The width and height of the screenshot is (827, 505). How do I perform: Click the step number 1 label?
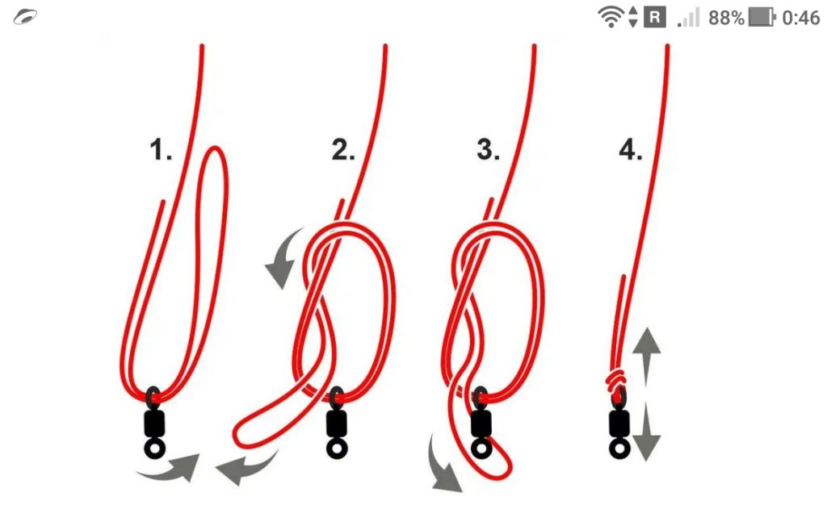tap(161, 149)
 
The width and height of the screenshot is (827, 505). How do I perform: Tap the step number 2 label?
tap(343, 149)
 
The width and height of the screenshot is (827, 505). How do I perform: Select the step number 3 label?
tap(488, 149)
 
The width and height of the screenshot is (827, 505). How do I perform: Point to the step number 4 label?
tap(630, 149)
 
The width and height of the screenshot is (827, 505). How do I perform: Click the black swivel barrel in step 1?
tap(154, 424)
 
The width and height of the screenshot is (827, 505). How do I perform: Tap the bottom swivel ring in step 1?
tap(154, 449)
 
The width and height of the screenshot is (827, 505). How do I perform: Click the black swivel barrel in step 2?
tap(336, 423)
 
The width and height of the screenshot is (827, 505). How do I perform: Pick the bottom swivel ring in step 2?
tap(337, 449)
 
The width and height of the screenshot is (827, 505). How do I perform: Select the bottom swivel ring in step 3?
tap(481, 449)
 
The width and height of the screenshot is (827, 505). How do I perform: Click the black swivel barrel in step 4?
tap(619, 423)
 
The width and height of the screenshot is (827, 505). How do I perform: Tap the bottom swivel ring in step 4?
tap(619, 449)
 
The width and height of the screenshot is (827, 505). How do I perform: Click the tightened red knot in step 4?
tap(615, 381)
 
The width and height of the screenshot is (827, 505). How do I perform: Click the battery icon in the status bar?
tap(762, 18)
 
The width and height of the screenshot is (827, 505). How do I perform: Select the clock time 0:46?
tap(801, 18)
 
